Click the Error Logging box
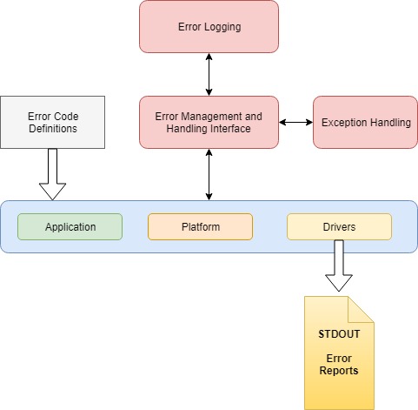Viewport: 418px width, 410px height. (209, 26)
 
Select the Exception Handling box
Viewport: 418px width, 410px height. (365, 122)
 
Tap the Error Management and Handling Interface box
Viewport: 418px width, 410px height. (209, 122)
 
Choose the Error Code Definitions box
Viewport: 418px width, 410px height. (53, 122)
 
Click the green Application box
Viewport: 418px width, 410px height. (70, 226)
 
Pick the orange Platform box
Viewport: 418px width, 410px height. (200, 226)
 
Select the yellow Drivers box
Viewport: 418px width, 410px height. (339, 226)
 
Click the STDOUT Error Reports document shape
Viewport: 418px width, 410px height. (339, 366)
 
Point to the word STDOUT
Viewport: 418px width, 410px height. (339, 333)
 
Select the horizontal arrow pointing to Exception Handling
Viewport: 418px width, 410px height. (295, 122)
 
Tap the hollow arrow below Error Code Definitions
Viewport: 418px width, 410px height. (53, 173)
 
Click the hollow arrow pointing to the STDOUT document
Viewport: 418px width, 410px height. (339, 265)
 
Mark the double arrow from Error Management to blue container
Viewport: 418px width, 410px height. (209, 174)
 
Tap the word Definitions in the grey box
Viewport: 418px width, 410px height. (53, 129)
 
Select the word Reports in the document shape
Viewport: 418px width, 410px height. (339, 371)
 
